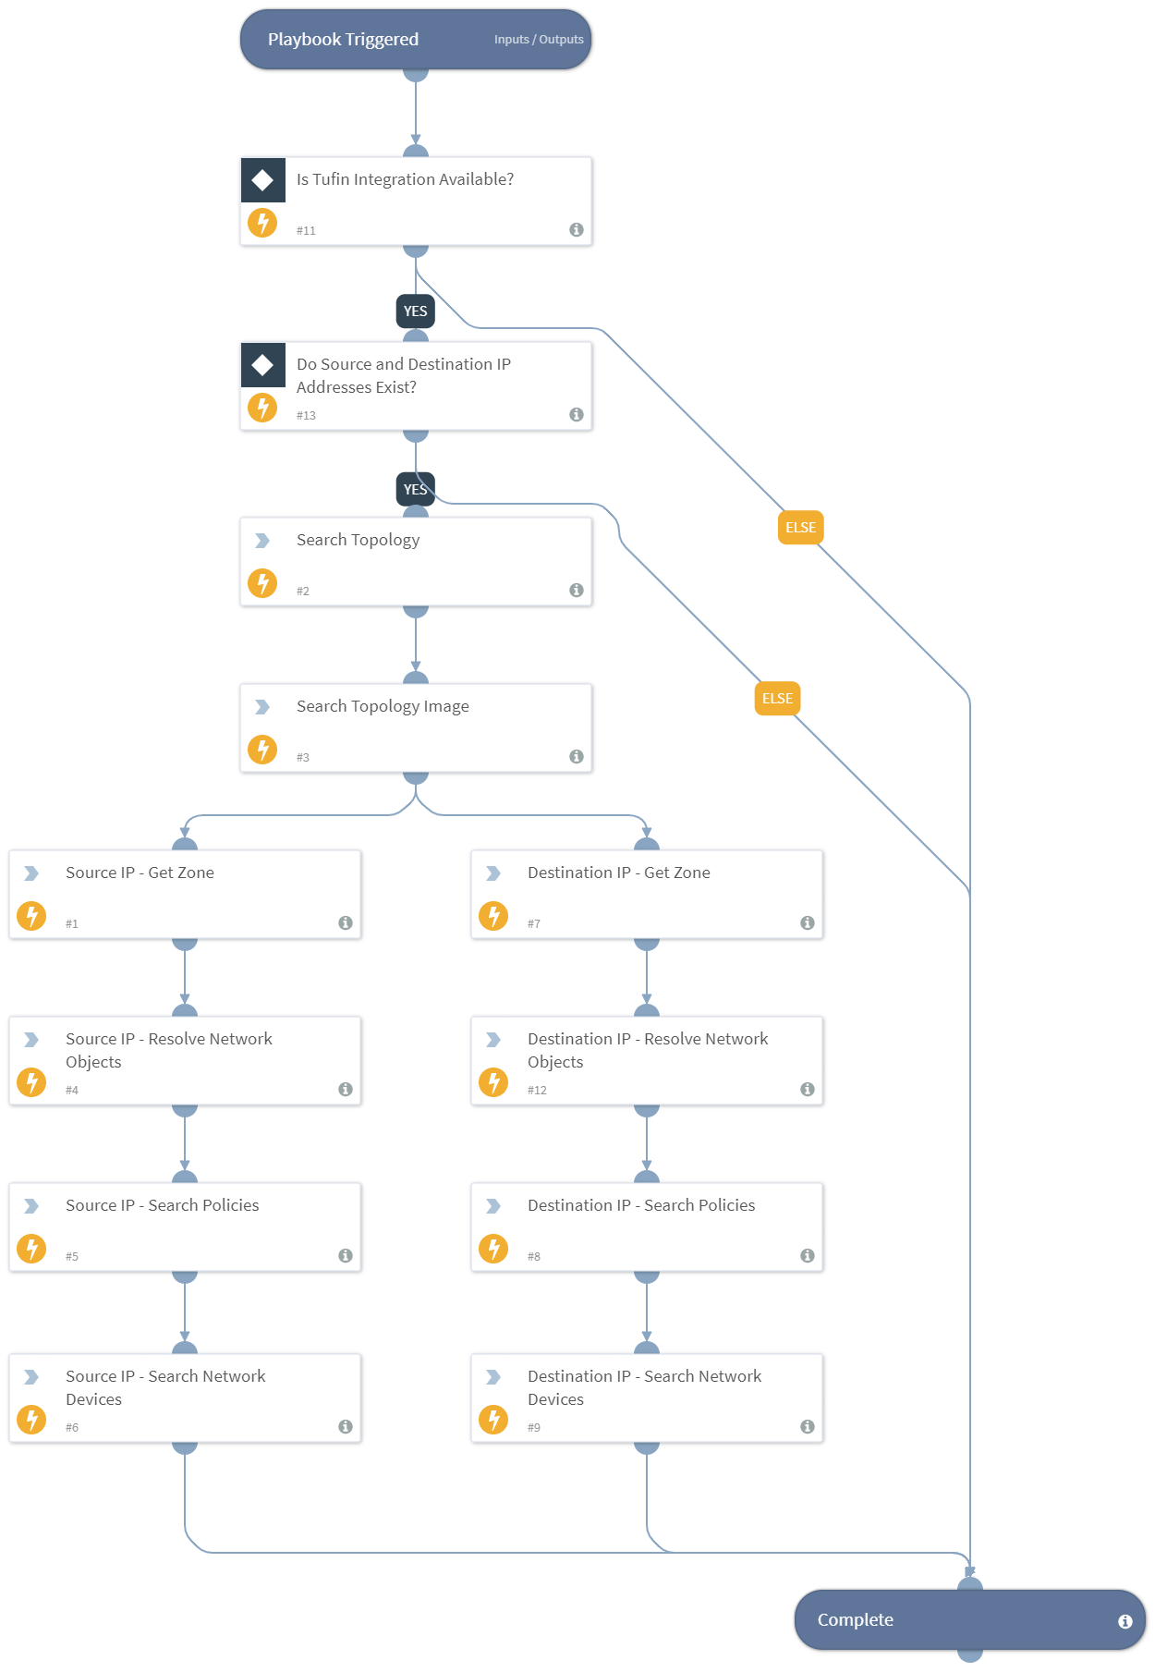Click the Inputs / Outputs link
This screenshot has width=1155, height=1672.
(x=539, y=40)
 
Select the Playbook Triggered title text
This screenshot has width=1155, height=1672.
(x=343, y=40)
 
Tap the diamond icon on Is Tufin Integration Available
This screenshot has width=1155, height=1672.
(x=262, y=179)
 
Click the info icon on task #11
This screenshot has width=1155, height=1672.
(x=577, y=229)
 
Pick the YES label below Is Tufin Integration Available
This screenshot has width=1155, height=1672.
(x=416, y=311)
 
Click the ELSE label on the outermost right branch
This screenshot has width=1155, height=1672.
(x=800, y=528)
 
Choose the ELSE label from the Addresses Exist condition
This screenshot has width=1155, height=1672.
(x=777, y=699)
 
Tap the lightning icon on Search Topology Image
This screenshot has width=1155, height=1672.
(x=262, y=750)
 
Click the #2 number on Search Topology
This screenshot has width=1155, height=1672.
(x=303, y=591)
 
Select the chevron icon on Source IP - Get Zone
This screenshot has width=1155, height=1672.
(x=31, y=873)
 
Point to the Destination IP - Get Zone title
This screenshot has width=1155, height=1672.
(x=618, y=873)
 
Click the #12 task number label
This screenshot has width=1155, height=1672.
(x=537, y=1091)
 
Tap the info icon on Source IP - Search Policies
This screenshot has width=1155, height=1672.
(x=346, y=1255)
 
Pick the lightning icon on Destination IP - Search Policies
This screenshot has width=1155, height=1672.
(x=493, y=1249)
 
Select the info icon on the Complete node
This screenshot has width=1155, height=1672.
(x=1125, y=1621)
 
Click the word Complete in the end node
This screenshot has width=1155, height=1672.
(x=855, y=1620)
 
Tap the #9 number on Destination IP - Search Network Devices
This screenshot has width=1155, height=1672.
(x=534, y=1428)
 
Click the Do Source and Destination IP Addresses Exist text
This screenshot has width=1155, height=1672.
(x=403, y=375)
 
